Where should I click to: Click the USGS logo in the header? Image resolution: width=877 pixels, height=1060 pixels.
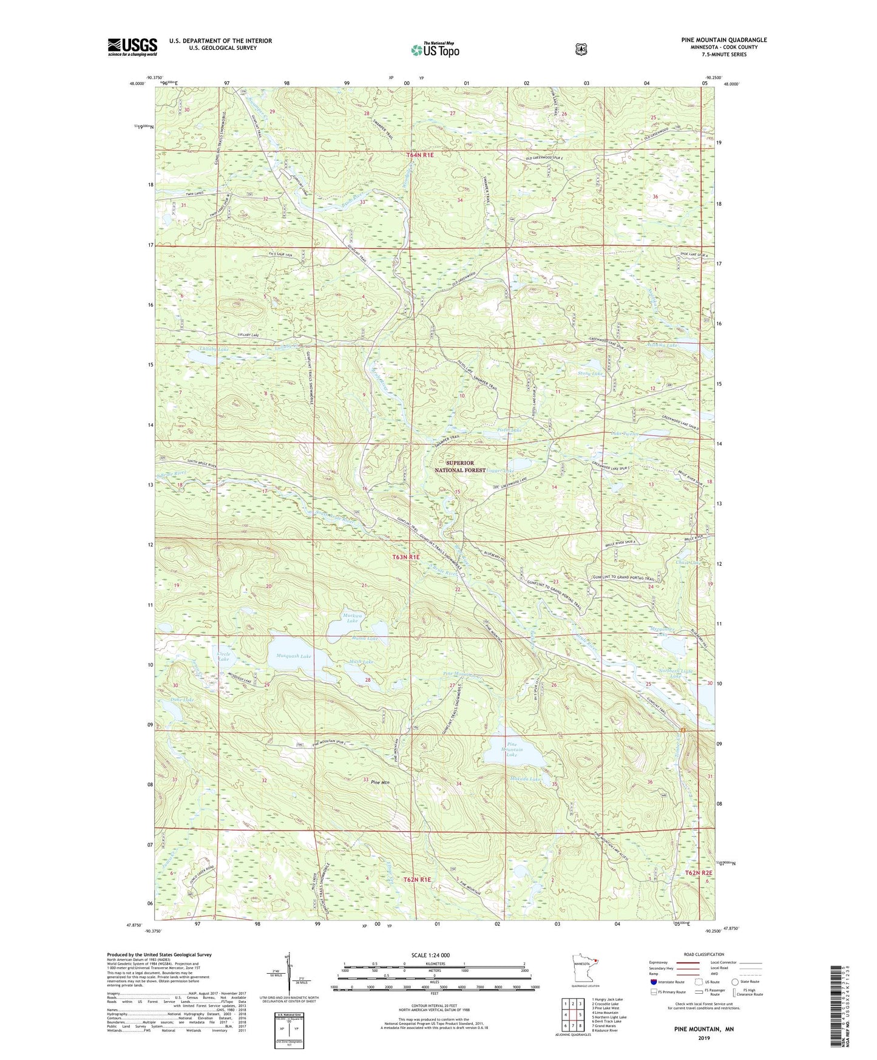(x=132, y=47)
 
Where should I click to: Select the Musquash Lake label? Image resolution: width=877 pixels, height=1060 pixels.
(x=294, y=656)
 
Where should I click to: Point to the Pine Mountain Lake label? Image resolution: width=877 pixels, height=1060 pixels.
(x=512, y=750)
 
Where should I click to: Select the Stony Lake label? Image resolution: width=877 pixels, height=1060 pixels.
(x=590, y=373)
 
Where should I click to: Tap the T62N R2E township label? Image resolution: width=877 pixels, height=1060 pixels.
(x=699, y=872)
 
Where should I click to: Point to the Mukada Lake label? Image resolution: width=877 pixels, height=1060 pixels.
(x=526, y=779)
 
